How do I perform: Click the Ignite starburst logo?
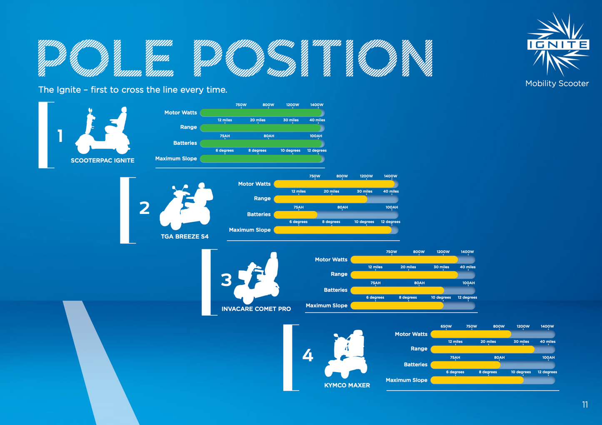pyautogui.click(x=558, y=44)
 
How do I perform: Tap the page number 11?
pyautogui.click(x=585, y=405)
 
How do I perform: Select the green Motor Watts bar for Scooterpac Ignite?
pyautogui.click(x=261, y=113)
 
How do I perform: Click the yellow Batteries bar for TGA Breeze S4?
pyautogui.click(x=295, y=215)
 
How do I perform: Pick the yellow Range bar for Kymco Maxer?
pyautogui.click(x=483, y=349)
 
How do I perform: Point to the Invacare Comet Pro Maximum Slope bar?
pyautogui.click(x=397, y=306)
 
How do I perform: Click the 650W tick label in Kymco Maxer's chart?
pyautogui.click(x=446, y=326)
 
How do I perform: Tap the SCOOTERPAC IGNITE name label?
pyautogui.click(x=102, y=161)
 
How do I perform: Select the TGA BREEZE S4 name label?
pyautogui.click(x=185, y=236)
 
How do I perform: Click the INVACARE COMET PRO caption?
pyautogui.click(x=256, y=309)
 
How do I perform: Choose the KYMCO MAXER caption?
pyautogui.click(x=347, y=385)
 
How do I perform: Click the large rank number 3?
pyautogui.click(x=226, y=280)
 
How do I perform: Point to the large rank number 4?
pyautogui.click(x=308, y=355)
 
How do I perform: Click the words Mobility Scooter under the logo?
pyautogui.click(x=557, y=84)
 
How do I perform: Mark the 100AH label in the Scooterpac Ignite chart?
pyautogui.click(x=316, y=136)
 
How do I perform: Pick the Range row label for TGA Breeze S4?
pyautogui.click(x=262, y=199)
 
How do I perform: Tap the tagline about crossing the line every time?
pyautogui.click(x=133, y=89)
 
